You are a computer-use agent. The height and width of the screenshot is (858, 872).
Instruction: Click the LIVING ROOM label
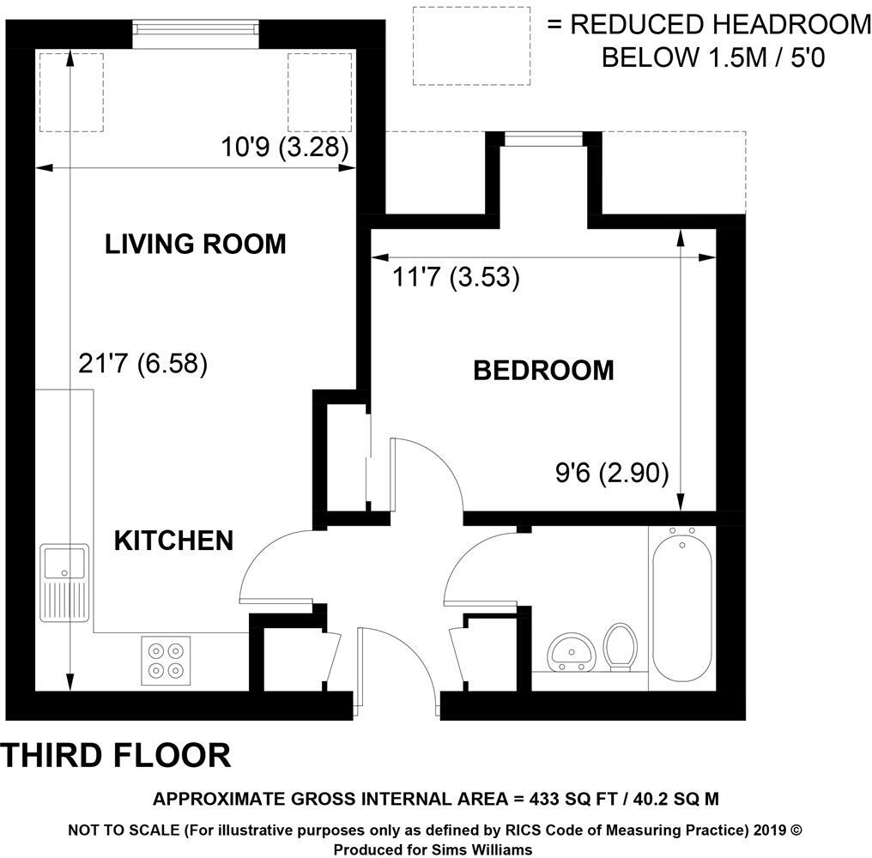coord(195,244)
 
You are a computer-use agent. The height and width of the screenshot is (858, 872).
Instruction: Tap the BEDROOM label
coord(543,370)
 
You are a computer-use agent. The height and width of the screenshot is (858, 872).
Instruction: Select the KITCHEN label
coord(174,540)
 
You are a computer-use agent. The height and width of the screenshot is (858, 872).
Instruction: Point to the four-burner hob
coord(166,660)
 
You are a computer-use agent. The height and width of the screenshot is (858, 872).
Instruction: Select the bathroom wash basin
coord(570,653)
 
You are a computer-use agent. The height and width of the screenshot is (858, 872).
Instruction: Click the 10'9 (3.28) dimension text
coord(284,147)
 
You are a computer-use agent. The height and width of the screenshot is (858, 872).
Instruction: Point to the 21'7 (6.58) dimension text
coord(143,364)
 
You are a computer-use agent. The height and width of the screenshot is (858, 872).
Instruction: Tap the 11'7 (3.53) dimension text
coord(455,278)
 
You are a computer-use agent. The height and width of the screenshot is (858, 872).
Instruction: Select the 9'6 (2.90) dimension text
coord(612,472)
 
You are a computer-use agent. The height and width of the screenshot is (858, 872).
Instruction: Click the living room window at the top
coord(196,29)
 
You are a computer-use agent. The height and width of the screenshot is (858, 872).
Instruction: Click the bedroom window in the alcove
coord(543,138)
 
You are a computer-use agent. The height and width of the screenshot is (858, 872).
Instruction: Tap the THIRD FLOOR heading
coord(117,755)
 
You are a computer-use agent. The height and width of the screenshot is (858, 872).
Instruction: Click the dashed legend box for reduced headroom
coord(472,45)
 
